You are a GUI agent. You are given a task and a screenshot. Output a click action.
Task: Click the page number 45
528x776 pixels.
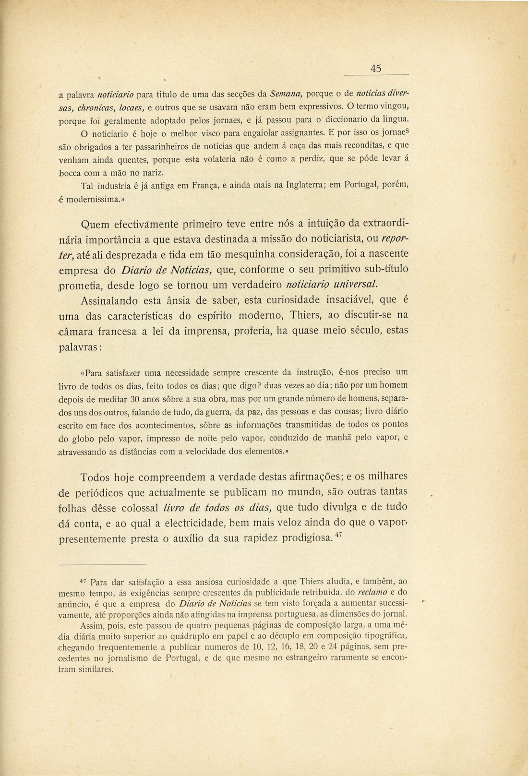(376, 69)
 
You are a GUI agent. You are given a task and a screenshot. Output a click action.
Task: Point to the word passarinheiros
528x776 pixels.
(136, 144)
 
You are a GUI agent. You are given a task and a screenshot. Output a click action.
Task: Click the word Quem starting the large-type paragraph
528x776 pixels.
(96, 225)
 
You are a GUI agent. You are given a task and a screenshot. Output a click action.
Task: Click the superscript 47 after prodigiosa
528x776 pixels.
(338, 535)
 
